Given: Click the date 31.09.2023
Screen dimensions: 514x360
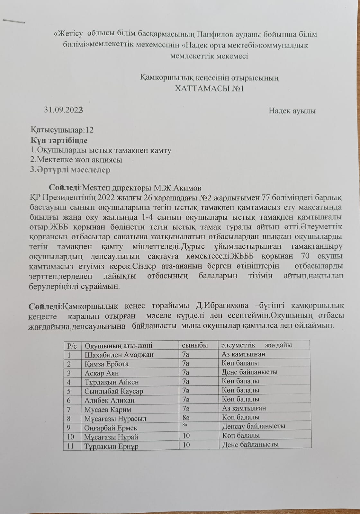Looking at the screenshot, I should [64, 110].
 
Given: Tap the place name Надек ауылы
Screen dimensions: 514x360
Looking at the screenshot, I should [292, 111].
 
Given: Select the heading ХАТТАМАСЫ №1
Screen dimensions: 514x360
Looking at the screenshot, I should [209, 88].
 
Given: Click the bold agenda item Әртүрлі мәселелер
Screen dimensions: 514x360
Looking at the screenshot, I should [70, 170].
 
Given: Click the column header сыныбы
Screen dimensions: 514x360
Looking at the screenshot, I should [195, 345].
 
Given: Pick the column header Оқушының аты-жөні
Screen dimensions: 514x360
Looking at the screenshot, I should [118, 346].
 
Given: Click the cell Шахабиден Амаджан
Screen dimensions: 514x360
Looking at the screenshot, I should [119, 355].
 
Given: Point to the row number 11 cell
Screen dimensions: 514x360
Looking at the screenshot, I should [70, 446].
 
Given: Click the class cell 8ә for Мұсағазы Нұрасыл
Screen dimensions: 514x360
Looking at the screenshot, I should [186, 418].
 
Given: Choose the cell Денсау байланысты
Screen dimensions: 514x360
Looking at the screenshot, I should [254, 426].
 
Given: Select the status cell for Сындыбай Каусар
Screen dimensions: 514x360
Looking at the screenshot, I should [240, 390].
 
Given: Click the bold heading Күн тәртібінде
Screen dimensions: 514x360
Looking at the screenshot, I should [59, 140].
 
